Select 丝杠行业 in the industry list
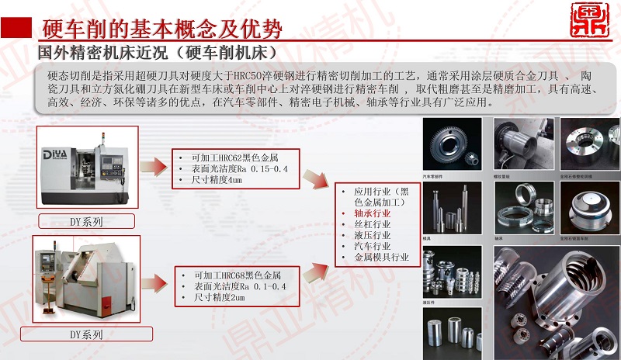[x=372, y=223]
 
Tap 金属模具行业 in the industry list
[x=381, y=256]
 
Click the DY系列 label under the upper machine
[x=86, y=221]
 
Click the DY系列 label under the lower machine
[x=86, y=334]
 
